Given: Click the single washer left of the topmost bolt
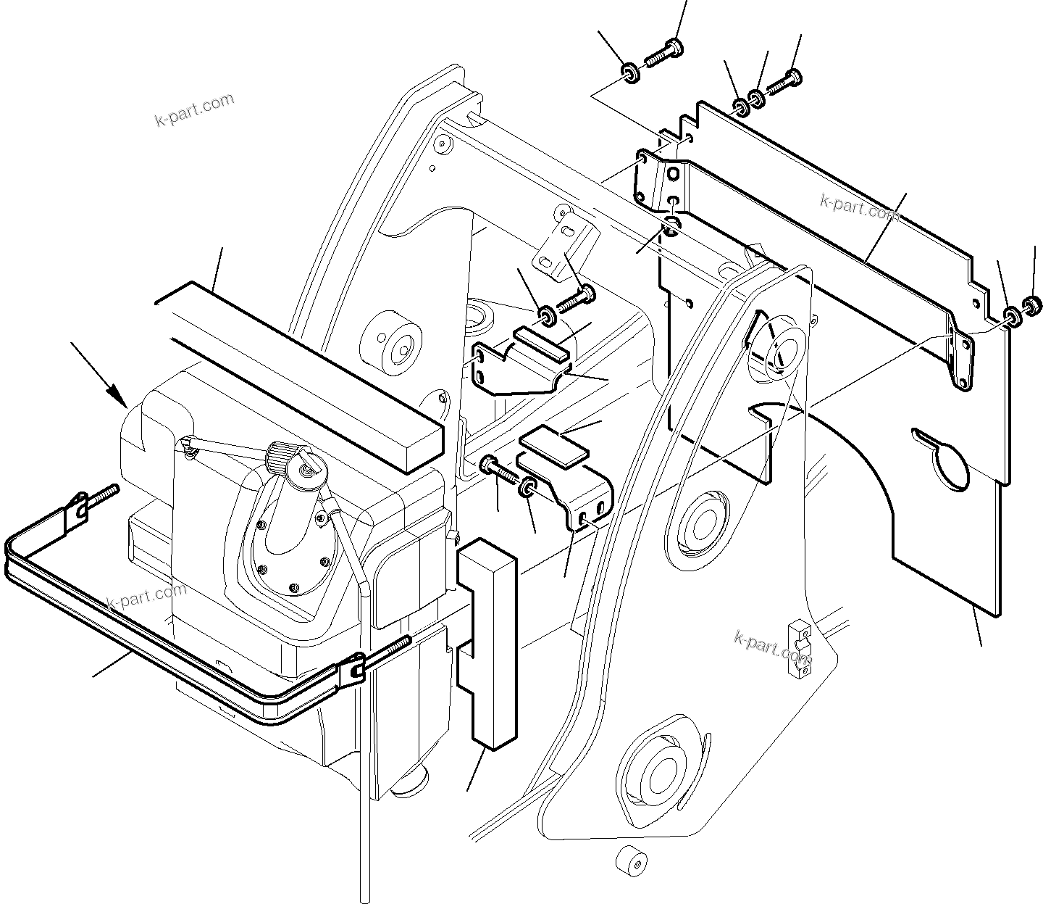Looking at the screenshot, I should point(629,72).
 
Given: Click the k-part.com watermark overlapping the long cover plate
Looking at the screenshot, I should point(859,207).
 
